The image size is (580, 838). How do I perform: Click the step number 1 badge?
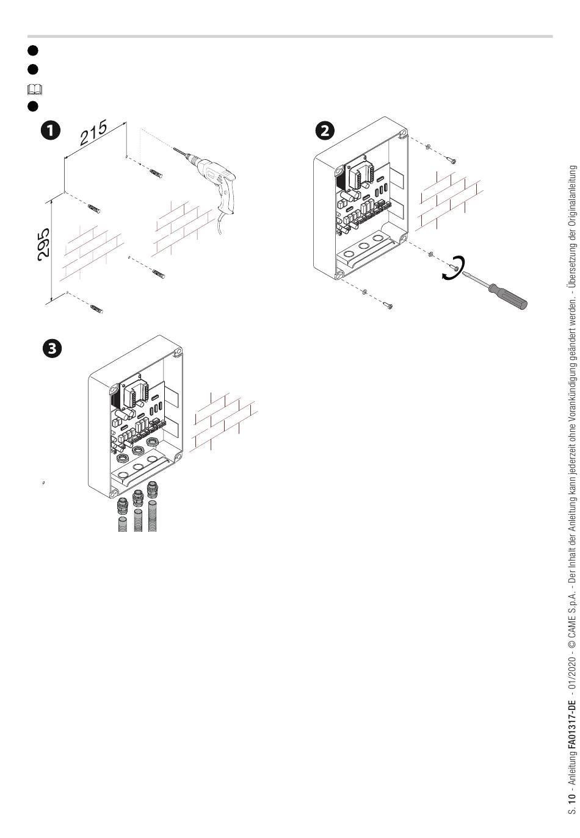point(50,130)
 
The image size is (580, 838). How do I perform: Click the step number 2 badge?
point(324,130)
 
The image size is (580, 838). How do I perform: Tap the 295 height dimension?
point(44,245)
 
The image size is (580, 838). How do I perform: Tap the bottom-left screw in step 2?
point(387,304)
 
